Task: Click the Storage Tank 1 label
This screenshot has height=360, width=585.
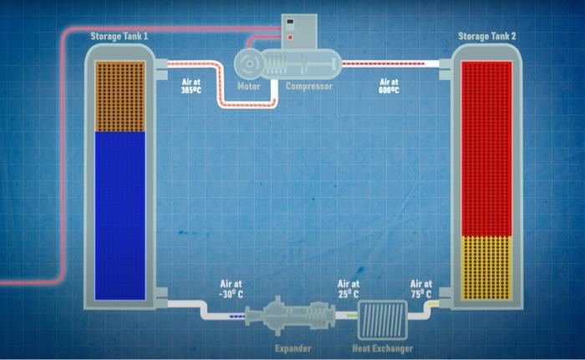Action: [x=120, y=36]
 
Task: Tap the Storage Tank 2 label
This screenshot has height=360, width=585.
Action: [x=487, y=36]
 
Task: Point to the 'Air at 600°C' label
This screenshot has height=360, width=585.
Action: [x=389, y=86]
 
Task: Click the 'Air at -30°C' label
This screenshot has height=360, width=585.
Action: [x=231, y=288]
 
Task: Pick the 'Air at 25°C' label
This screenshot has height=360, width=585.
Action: [x=348, y=288]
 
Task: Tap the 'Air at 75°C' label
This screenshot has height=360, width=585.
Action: [x=421, y=288]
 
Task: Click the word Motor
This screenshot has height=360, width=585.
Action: [x=249, y=86]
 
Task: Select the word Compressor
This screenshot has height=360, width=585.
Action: [x=308, y=86]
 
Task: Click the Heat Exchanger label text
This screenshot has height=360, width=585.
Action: [x=382, y=347]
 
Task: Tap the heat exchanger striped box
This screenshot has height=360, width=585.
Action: [x=383, y=320]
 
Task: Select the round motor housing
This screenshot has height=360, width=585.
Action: [x=250, y=63]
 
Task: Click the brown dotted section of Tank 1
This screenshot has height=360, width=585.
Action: [x=120, y=96]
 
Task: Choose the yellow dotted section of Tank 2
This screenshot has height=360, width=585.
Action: [x=486, y=267]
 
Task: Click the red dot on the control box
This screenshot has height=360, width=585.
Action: [x=290, y=37]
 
